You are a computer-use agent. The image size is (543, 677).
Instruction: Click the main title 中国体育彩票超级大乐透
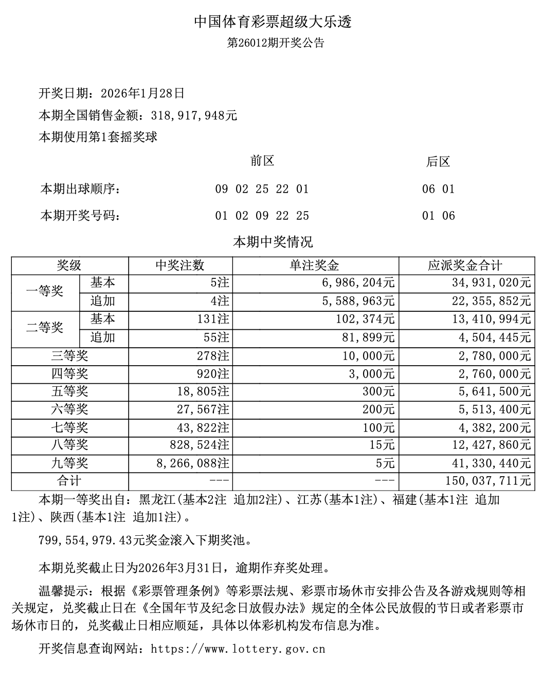(x=273, y=22)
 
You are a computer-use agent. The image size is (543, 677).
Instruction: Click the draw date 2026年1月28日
(x=142, y=93)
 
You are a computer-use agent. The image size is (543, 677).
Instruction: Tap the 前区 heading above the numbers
(x=262, y=161)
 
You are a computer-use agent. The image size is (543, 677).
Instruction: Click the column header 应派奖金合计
(x=465, y=266)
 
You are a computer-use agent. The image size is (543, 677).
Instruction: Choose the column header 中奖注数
(x=180, y=266)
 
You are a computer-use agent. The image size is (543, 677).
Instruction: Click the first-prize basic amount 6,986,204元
(x=358, y=283)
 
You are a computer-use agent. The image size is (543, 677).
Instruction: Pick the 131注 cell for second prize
(x=209, y=319)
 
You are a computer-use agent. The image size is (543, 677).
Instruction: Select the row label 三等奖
(x=69, y=356)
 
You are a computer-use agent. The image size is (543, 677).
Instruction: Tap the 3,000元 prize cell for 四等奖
(x=372, y=374)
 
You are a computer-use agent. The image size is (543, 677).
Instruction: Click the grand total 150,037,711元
(x=486, y=481)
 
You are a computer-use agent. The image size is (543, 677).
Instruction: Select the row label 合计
(x=69, y=481)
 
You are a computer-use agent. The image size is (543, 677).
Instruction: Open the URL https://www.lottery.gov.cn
(x=238, y=649)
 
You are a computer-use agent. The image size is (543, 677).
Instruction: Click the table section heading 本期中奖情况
(x=273, y=241)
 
